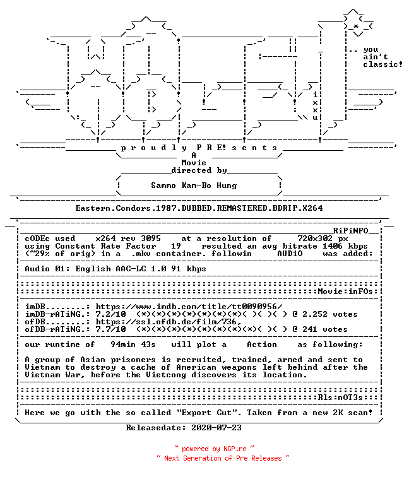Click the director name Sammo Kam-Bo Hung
194,185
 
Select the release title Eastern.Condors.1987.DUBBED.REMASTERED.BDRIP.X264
199,208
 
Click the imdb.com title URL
189,307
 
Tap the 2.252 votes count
330,314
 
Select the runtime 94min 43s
133,344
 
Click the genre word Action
262,344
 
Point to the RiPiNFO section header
350,231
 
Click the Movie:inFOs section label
345,291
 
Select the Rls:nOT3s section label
340,397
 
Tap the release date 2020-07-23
216,428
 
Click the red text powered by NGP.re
214,449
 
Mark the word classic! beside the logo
382,64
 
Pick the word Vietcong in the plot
166,375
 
